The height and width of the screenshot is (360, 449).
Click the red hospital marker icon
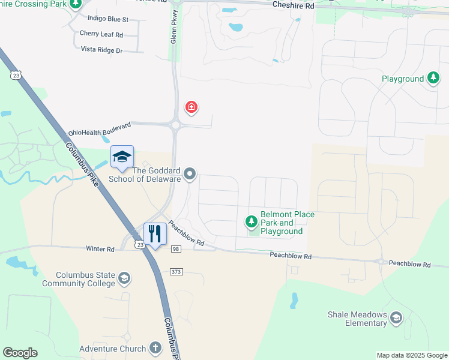[191, 107]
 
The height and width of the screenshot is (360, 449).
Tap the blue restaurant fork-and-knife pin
[155, 233]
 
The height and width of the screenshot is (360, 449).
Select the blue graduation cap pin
[122, 157]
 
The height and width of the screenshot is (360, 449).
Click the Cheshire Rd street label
[294, 5]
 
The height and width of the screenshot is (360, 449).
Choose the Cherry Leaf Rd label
[101, 34]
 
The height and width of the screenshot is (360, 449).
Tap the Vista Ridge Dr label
[102, 50]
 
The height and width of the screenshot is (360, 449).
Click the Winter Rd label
[100, 248]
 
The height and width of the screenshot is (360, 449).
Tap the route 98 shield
[175, 249]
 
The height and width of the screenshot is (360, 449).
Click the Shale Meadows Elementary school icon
[396, 317]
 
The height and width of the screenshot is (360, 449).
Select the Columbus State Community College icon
[124, 278]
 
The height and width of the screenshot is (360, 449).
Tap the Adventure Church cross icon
[155, 347]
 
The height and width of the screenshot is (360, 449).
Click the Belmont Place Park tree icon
[252, 223]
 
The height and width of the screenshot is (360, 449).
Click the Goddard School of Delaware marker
[190, 175]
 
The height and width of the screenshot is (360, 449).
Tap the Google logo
[20, 353]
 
